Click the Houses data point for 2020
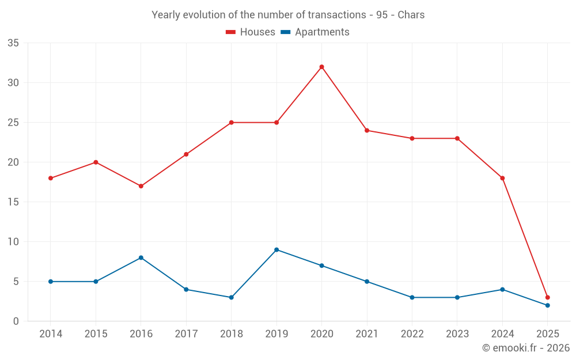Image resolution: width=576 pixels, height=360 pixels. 321,67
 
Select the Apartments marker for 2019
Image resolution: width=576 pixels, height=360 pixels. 276,249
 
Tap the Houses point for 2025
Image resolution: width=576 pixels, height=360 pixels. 547,297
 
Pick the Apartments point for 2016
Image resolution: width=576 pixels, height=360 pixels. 141,257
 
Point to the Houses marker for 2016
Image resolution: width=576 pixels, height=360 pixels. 141,186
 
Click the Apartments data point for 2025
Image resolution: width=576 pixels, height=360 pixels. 547,305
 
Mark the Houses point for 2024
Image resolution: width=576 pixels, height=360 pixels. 502,178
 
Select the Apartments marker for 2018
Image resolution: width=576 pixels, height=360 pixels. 231,297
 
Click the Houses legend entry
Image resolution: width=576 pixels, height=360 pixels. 251,32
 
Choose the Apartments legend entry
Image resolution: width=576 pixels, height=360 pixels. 315,32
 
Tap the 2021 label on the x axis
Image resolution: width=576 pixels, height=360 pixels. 367,334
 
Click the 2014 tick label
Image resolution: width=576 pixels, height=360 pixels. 50,334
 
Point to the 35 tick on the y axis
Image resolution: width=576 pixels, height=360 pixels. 13,43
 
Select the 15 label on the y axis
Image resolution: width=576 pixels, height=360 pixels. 13,202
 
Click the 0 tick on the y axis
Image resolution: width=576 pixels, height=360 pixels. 16,321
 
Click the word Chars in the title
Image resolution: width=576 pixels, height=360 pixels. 411,15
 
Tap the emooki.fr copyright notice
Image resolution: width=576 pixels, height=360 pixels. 526,348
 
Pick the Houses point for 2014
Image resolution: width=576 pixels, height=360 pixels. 50,178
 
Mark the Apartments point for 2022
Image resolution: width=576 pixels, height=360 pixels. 412,297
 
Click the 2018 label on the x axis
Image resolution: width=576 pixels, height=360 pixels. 231,334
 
